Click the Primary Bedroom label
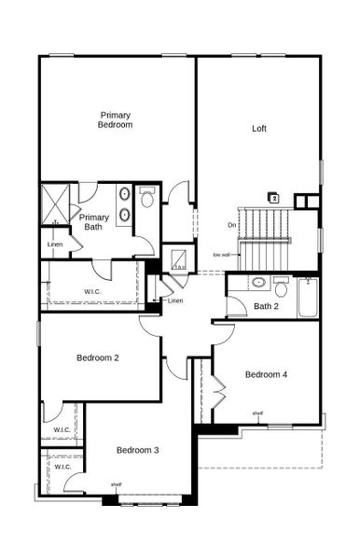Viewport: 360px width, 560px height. pos(117,119)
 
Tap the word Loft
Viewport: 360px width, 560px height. pos(258,129)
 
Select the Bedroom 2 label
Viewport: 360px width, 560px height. pos(98,357)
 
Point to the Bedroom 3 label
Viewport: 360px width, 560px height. pos(137,450)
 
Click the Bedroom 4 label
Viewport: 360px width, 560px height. pos(266,374)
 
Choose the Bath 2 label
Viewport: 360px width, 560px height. pos(266,306)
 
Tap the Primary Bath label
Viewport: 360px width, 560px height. pos(94,221)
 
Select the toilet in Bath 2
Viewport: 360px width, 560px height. pos(281,287)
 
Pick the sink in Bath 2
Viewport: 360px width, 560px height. pos(258,282)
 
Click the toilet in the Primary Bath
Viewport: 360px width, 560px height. pos(146,199)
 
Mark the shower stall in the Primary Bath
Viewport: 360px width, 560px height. pos(57,205)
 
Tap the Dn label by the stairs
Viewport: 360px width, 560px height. pos(231,225)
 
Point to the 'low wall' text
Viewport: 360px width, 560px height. pos(222,254)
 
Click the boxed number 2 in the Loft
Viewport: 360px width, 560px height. pos(273,197)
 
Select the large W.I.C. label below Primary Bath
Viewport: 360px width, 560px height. pos(92,291)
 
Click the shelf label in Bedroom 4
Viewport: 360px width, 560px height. pos(257,413)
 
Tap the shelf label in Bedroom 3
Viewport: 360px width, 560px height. pos(116,484)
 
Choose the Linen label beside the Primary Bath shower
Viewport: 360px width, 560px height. pos(55,245)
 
